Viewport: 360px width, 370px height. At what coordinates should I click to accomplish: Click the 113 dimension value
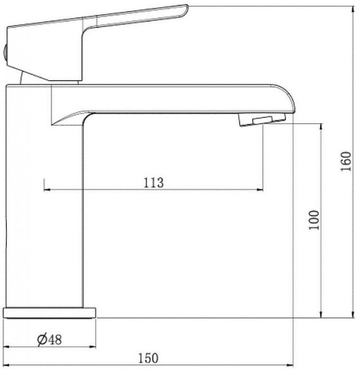tap(153, 182)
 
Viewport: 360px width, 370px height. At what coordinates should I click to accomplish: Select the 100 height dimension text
tap(315, 220)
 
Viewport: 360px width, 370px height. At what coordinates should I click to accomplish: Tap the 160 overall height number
tap(346, 161)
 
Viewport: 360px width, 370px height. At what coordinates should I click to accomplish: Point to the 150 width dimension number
tap(149, 358)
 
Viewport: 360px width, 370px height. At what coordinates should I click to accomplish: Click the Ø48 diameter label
tap(50, 339)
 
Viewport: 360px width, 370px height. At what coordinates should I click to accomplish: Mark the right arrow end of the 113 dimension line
tap(262, 189)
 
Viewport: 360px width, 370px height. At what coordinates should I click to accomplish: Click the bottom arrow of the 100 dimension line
tap(321, 317)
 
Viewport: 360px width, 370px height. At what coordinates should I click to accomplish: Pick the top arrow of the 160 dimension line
tap(353, 8)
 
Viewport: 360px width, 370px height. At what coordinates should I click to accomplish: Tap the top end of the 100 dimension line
tap(321, 125)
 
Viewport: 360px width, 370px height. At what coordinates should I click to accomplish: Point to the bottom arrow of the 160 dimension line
tap(353, 317)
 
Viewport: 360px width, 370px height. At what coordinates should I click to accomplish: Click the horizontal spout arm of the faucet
tap(174, 98)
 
